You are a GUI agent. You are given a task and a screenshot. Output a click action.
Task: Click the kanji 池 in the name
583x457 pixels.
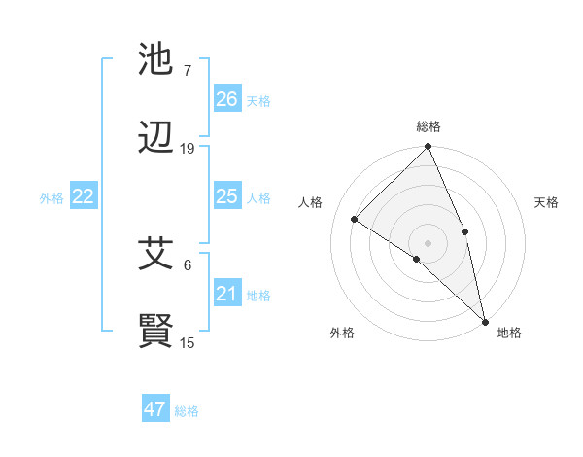click(155, 60)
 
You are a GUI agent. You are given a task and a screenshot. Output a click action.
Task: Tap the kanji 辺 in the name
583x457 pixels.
click(155, 139)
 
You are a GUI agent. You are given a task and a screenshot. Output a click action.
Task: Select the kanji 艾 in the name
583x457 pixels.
click(155, 254)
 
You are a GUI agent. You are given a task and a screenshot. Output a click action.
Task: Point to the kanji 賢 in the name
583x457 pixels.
click(155, 332)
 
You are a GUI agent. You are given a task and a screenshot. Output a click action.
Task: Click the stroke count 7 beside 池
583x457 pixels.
click(188, 71)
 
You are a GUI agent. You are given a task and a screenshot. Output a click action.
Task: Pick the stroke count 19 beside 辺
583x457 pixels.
click(188, 149)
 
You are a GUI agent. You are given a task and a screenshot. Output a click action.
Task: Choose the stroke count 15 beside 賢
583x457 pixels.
click(188, 342)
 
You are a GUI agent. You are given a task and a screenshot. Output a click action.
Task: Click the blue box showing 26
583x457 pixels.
click(227, 98)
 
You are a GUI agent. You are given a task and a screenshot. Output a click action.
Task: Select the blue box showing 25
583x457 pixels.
click(227, 196)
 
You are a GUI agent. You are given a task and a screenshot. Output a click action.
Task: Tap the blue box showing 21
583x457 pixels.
click(227, 294)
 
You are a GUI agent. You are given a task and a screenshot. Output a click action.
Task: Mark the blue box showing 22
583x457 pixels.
click(84, 196)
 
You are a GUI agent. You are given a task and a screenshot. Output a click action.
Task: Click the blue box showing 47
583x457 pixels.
click(155, 409)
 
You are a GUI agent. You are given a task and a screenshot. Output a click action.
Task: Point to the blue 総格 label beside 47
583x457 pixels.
click(187, 411)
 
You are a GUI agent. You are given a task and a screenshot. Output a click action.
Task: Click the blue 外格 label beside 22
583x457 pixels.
click(51, 198)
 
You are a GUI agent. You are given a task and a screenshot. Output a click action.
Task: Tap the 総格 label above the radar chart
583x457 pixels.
click(429, 126)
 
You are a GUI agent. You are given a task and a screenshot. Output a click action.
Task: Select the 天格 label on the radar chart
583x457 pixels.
click(546, 202)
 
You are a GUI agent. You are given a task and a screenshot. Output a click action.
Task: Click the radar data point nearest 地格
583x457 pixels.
click(485, 320)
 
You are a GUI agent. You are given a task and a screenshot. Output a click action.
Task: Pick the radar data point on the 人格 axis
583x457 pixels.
click(355, 219)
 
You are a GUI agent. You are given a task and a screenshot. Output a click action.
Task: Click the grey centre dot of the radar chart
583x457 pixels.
click(429, 242)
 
